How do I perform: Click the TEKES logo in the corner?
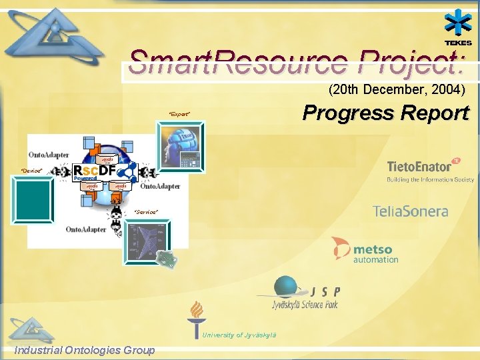coord(458,29)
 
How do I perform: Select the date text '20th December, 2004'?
coord(397,89)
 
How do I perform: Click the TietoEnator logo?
coord(430,170)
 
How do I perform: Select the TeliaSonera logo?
coord(410,211)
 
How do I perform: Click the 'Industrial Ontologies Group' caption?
coord(85,350)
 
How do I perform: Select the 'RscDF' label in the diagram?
coord(95,171)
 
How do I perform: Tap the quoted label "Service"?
coord(146,212)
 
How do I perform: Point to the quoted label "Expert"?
coord(179,115)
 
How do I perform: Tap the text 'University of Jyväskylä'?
coord(239,335)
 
